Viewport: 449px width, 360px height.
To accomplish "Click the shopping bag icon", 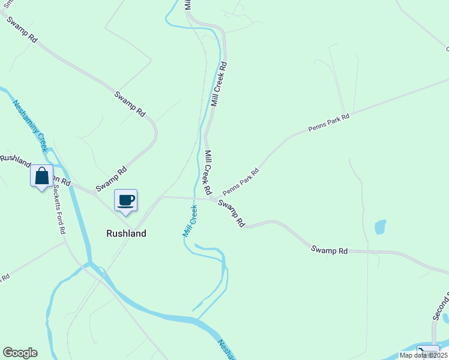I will coord(41,176).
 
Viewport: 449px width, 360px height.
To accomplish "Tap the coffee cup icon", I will coord(126,200).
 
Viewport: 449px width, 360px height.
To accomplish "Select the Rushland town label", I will coord(126,233).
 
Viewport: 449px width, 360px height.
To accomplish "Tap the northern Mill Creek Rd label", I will coord(218,84).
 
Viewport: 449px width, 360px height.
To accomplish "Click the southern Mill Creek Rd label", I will coord(209,172).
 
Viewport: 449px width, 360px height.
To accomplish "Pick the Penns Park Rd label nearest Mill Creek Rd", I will coord(240,181).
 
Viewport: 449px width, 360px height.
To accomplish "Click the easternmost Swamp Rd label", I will coord(330,250).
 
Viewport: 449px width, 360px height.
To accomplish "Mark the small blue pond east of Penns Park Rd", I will coord(380,227).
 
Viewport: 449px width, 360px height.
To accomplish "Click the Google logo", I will coord(20,353).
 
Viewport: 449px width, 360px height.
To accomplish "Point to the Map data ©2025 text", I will coord(423,355).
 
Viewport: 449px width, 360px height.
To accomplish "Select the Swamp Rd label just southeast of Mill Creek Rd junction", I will coord(232,213).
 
